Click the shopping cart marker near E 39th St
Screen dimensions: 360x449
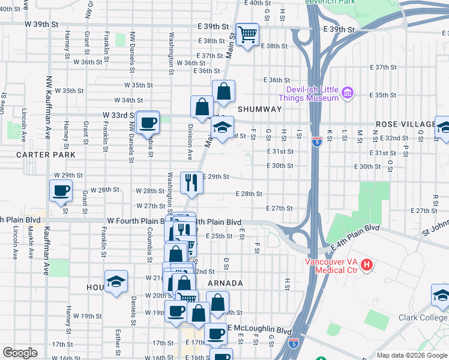pos(247,34)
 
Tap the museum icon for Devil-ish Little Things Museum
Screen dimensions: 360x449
pos(347,93)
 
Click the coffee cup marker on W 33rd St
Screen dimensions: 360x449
pos(148,123)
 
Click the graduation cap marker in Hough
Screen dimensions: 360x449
pos(116,281)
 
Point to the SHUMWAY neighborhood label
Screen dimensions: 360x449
pos(259,109)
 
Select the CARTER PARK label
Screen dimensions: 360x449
pos(46,154)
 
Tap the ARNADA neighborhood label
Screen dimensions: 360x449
pos(226,283)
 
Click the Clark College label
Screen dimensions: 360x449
pos(428,319)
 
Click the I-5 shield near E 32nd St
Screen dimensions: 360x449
pos(316,142)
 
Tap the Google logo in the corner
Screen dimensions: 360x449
pos(19,353)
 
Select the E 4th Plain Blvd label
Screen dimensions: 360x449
pos(355,238)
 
